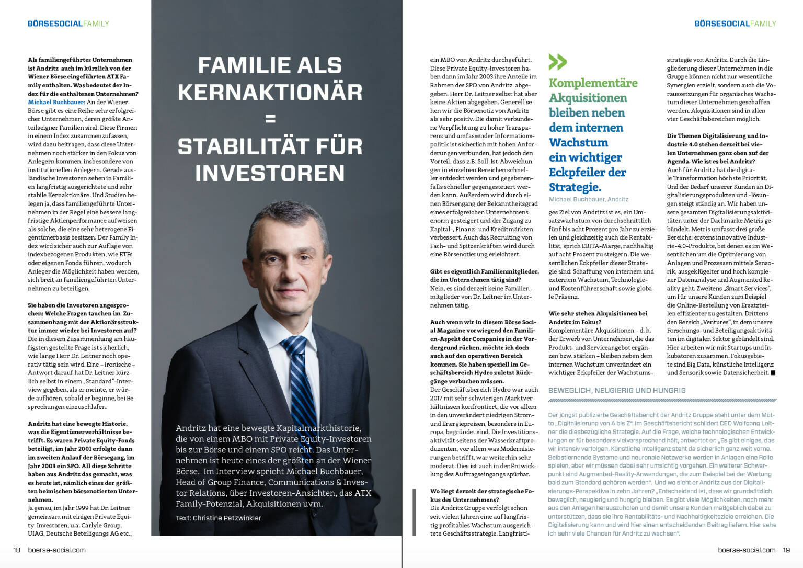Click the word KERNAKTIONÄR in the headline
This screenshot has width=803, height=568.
tap(270, 93)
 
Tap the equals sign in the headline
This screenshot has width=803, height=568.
tap(270, 119)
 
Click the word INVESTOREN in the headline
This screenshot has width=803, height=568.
tap(270, 173)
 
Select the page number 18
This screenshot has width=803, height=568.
tap(17, 550)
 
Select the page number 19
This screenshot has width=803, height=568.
tap(786, 550)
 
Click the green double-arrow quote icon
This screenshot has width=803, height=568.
tap(557, 62)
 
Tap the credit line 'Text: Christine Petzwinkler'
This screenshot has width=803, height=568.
tap(218, 518)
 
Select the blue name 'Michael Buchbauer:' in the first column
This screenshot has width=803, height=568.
tap(56, 102)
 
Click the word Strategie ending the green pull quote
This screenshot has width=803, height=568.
tap(575, 187)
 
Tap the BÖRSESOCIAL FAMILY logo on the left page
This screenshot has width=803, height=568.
tap(68, 24)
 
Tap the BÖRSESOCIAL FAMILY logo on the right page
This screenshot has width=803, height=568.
tap(735, 24)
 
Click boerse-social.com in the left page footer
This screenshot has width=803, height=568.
tap(56, 550)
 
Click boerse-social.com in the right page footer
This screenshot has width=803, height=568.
tap(747, 550)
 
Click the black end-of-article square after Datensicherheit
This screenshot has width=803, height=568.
tap(773, 373)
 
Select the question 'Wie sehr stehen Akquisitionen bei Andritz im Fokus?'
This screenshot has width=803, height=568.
tap(598, 317)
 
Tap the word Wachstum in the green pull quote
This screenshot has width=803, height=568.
tap(578, 142)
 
